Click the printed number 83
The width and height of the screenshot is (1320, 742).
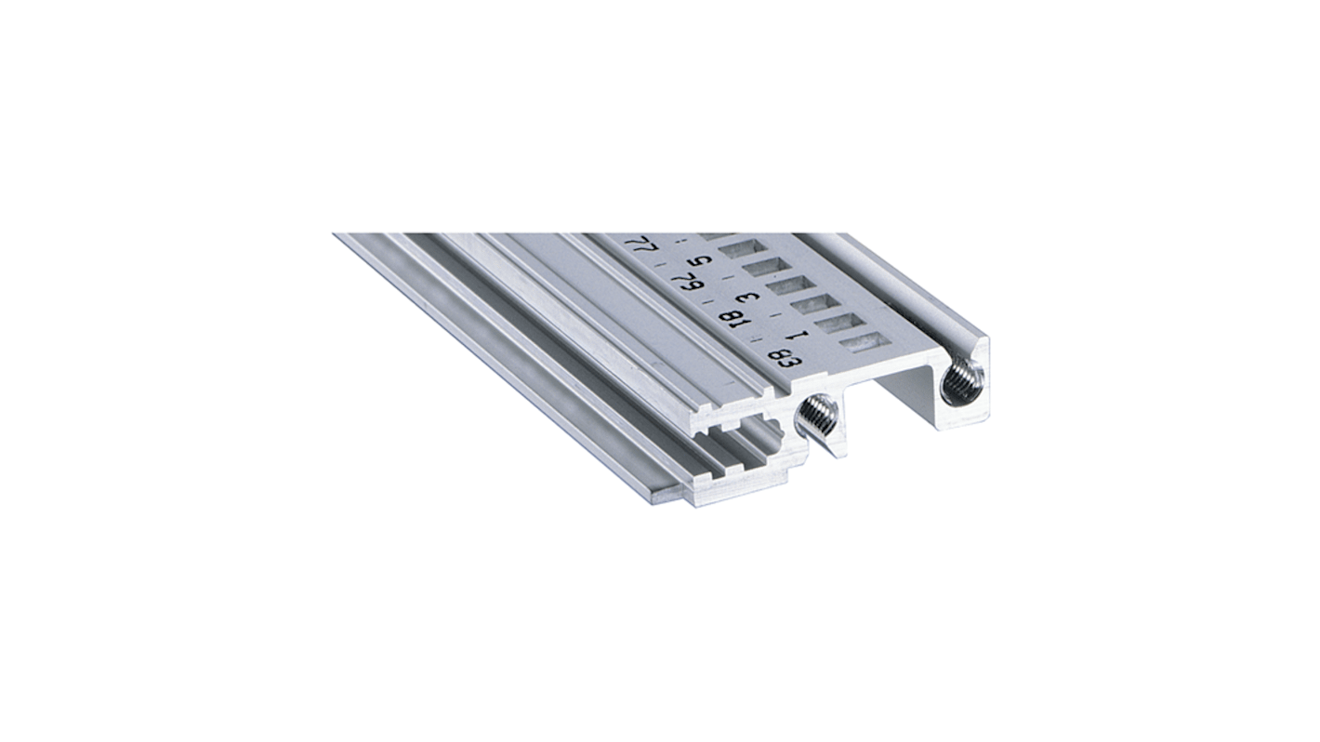tap(779, 360)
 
